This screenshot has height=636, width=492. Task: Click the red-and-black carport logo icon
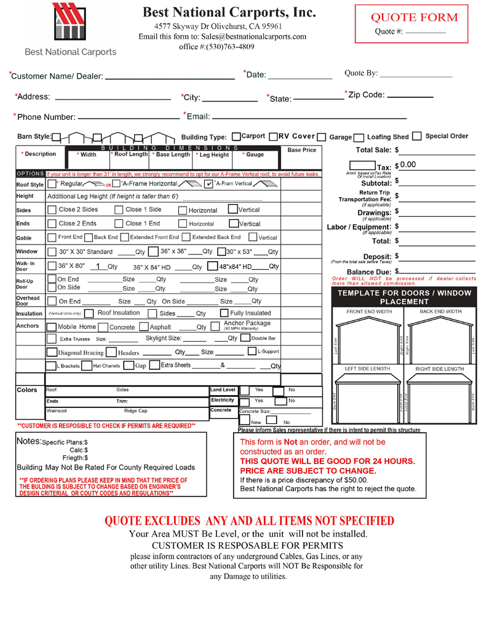click(69, 23)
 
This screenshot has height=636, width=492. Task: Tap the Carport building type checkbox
click(237, 136)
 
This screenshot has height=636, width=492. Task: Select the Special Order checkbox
click(416, 136)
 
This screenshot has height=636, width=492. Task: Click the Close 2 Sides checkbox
click(53, 209)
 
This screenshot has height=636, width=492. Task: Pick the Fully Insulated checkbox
click(224, 313)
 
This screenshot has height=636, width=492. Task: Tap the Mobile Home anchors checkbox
click(53, 326)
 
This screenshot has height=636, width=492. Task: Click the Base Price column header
click(301, 150)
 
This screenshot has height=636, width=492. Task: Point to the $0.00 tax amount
click(407, 165)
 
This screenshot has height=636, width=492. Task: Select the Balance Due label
click(370, 272)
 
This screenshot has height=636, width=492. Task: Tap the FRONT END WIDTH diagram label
click(369, 312)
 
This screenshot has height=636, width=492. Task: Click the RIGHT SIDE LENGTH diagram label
click(440, 369)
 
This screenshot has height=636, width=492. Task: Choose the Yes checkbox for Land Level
click(244, 390)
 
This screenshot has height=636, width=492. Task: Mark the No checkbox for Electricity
click(279, 401)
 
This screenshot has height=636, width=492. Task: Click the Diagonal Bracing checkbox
click(53, 352)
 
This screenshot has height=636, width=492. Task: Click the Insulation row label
click(29, 313)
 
